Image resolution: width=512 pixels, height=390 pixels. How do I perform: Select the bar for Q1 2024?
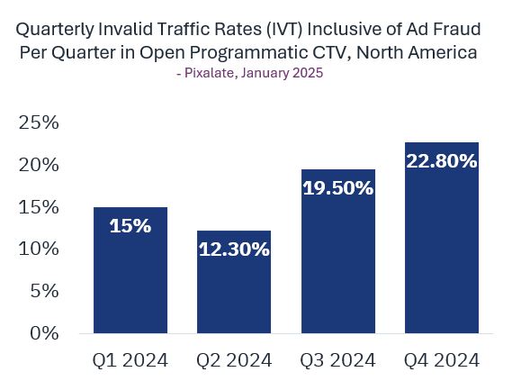[130, 270]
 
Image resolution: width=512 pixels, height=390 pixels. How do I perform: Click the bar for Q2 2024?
[234, 282]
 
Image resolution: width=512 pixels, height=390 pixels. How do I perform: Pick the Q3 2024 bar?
[338, 251]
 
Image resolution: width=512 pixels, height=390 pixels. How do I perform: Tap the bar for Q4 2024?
[442, 238]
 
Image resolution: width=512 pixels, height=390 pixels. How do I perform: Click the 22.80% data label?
[442, 161]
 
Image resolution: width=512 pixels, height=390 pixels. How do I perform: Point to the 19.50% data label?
[338, 188]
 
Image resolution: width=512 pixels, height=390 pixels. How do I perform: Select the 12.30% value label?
[234, 249]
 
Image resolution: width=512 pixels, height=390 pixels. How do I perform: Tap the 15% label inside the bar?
[130, 225]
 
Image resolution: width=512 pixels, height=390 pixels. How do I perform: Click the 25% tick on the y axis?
[39, 122]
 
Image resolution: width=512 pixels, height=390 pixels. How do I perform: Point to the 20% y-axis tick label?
[39, 165]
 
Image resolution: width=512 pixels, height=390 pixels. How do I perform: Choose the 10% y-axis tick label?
[39, 249]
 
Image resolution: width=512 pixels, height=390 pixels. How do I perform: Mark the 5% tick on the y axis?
[45, 291]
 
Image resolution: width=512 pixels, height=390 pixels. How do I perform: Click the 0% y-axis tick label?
[45, 333]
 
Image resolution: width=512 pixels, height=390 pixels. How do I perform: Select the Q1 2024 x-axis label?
[130, 360]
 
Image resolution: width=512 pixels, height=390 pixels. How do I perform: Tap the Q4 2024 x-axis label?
[442, 360]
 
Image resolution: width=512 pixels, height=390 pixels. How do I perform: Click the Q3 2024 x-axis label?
[338, 360]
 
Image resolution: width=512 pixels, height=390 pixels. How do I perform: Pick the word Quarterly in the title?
[55, 30]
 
